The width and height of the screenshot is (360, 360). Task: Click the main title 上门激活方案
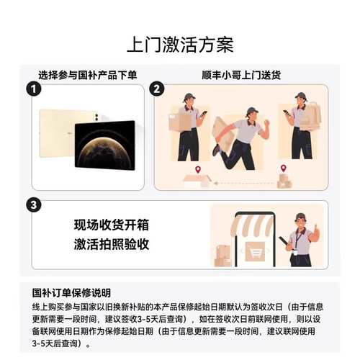pyautogui.click(x=180, y=44)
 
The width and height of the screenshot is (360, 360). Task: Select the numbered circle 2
pyautogui.click(x=158, y=89)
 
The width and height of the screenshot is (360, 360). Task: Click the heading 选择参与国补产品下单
pyautogui.click(x=87, y=74)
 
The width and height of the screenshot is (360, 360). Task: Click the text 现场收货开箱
pyautogui.click(x=112, y=224)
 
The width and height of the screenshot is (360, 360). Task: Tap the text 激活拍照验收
pyautogui.click(x=112, y=244)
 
